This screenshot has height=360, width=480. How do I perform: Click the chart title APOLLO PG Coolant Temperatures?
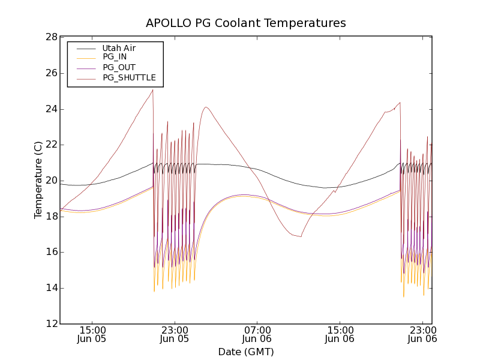click(246, 23)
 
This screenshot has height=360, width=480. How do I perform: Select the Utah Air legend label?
click(119, 48)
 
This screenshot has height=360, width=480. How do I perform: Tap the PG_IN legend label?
click(115, 57)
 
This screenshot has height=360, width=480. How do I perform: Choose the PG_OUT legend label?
click(119, 67)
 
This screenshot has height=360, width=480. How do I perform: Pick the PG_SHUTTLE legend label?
click(129, 77)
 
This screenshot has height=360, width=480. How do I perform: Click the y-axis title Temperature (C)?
click(38, 180)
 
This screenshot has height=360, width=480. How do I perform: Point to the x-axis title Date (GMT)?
click(246, 352)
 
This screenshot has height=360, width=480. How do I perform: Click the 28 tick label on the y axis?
click(51, 37)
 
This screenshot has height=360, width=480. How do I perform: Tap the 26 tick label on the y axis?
click(51, 73)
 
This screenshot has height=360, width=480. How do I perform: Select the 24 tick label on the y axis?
click(51, 109)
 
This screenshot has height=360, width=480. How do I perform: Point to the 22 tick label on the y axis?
click(51, 145)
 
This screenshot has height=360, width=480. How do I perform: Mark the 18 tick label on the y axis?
click(51, 217)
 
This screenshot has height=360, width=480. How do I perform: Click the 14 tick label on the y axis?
click(51, 288)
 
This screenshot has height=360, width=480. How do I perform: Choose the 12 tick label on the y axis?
click(51, 324)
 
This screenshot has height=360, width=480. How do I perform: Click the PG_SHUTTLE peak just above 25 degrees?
click(152, 90)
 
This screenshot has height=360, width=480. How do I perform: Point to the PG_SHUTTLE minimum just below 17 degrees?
click(301, 236)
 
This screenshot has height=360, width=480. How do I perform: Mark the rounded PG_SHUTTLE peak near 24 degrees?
click(206, 107)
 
